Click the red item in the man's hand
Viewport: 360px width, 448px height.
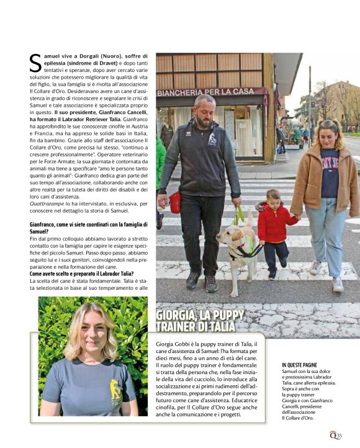[175, 202]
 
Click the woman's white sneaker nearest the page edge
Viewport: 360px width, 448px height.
[338, 285]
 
